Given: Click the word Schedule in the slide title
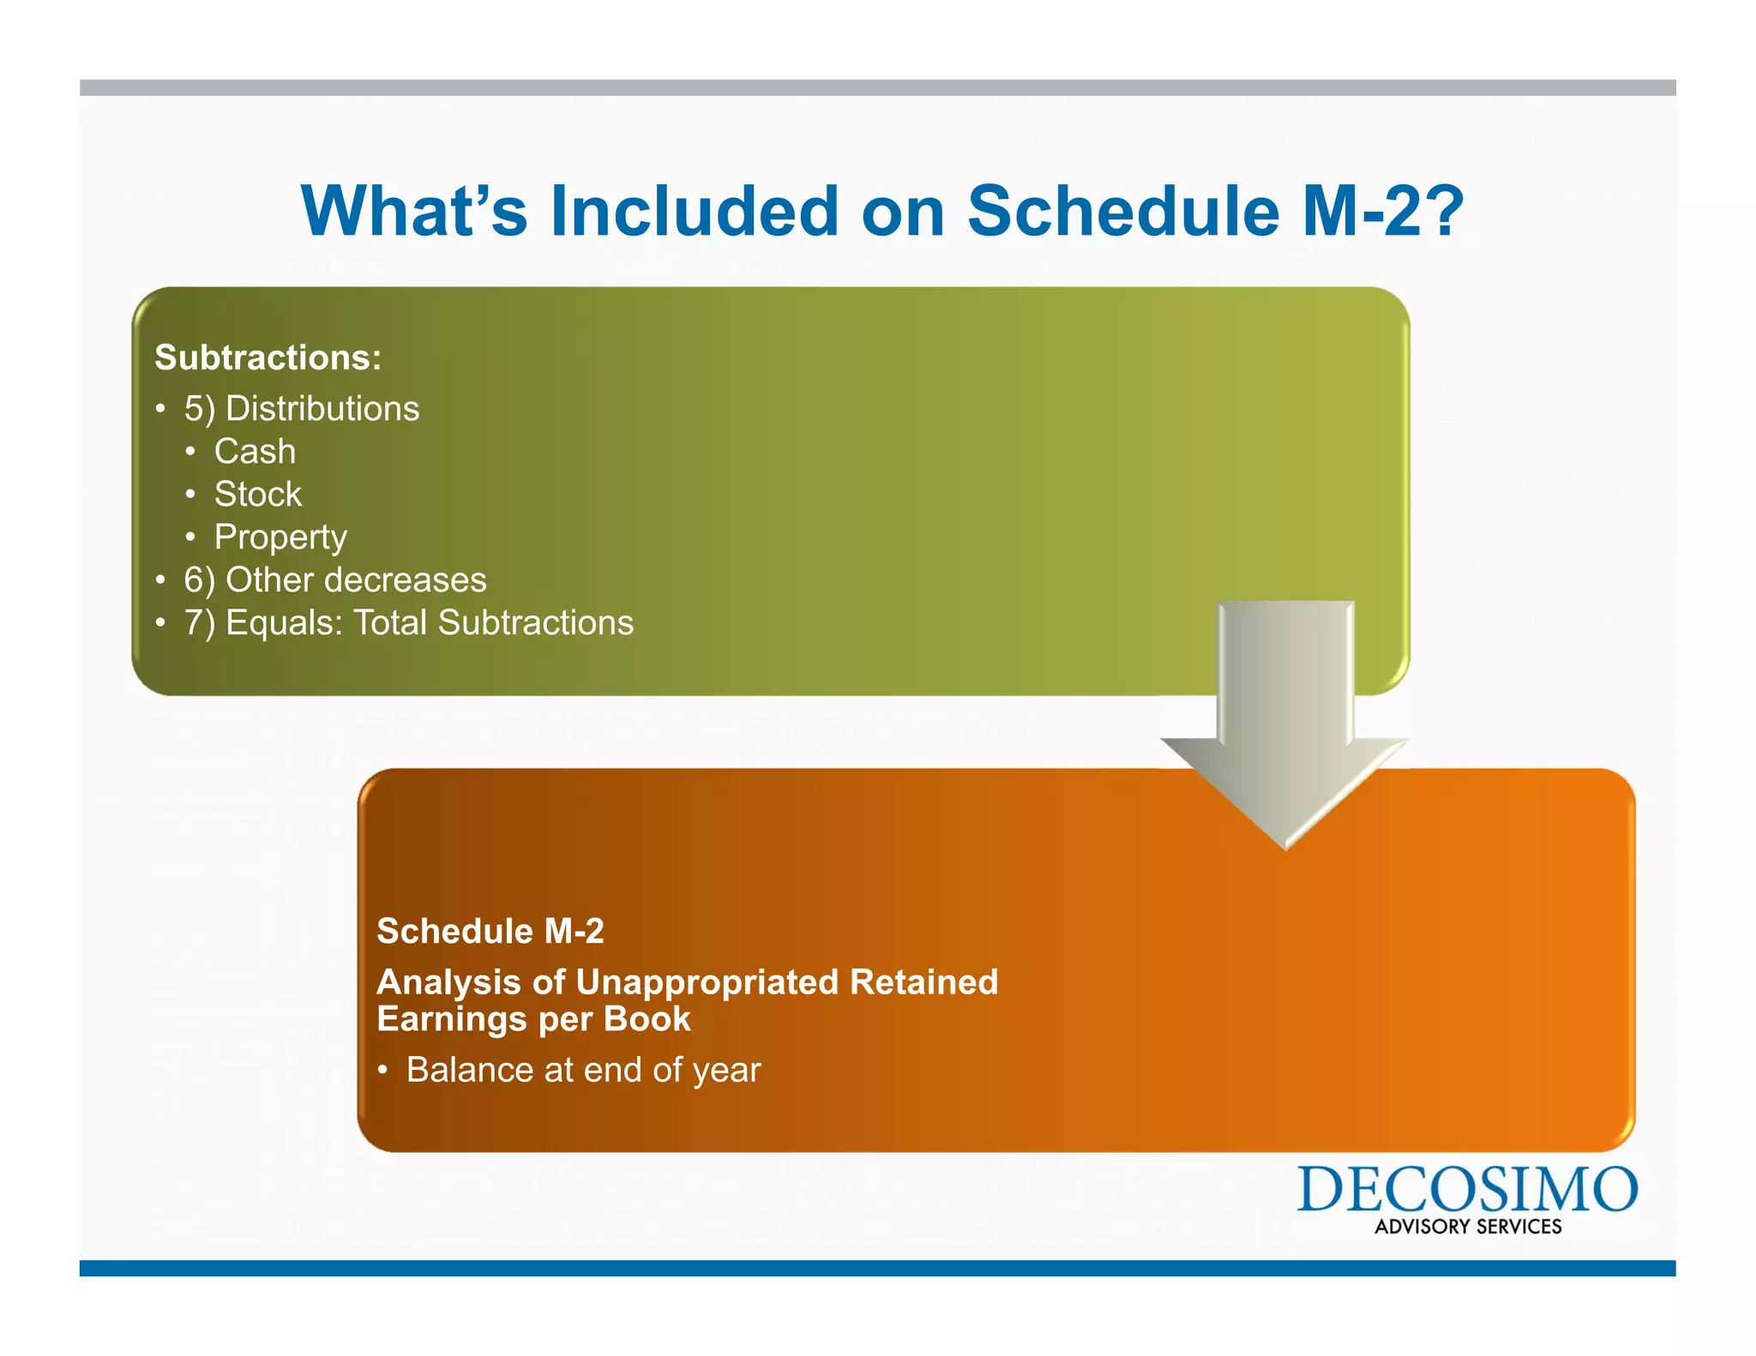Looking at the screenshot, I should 1123,212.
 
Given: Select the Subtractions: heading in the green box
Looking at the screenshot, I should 268,357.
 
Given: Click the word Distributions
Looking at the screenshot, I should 322,409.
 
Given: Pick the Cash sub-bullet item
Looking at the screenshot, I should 255,452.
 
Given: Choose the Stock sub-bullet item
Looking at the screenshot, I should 257,495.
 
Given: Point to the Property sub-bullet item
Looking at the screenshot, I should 280,537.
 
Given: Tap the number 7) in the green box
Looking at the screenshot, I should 200,623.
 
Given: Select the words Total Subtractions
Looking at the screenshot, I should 493,623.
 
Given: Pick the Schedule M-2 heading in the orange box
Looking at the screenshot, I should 490,931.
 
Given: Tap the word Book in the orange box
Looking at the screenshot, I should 646,1019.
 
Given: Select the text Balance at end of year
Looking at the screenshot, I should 583,1070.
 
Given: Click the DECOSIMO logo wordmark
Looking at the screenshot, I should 1466,1190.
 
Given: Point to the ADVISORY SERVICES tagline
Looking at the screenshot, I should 1468,1227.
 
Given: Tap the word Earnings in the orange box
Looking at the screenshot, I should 452,1019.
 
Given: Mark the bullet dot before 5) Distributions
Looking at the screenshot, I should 160,409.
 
